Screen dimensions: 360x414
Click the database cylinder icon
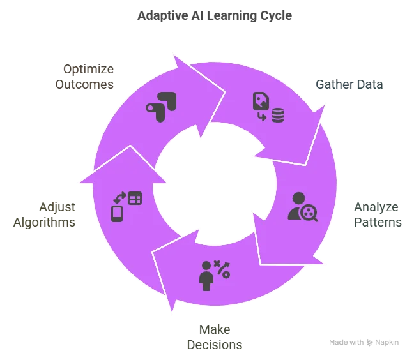[278, 116]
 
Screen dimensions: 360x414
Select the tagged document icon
[261, 101]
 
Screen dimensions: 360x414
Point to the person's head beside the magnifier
[298, 199]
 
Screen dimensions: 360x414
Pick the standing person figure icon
[206, 276]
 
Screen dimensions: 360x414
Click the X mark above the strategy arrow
[217, 263]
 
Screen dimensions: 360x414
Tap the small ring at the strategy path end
[226, 274]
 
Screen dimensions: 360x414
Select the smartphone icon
[117, 213]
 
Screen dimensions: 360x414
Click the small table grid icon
[135, 198]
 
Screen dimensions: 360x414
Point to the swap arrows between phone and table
[119, 198]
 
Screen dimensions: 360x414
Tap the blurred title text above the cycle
[215, 15]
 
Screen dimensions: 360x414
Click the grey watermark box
[363, 342]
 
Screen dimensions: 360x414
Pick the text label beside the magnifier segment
[378, 216]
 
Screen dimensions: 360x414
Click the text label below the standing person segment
[214, 338]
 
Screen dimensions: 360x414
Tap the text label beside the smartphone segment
[44, 216]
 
